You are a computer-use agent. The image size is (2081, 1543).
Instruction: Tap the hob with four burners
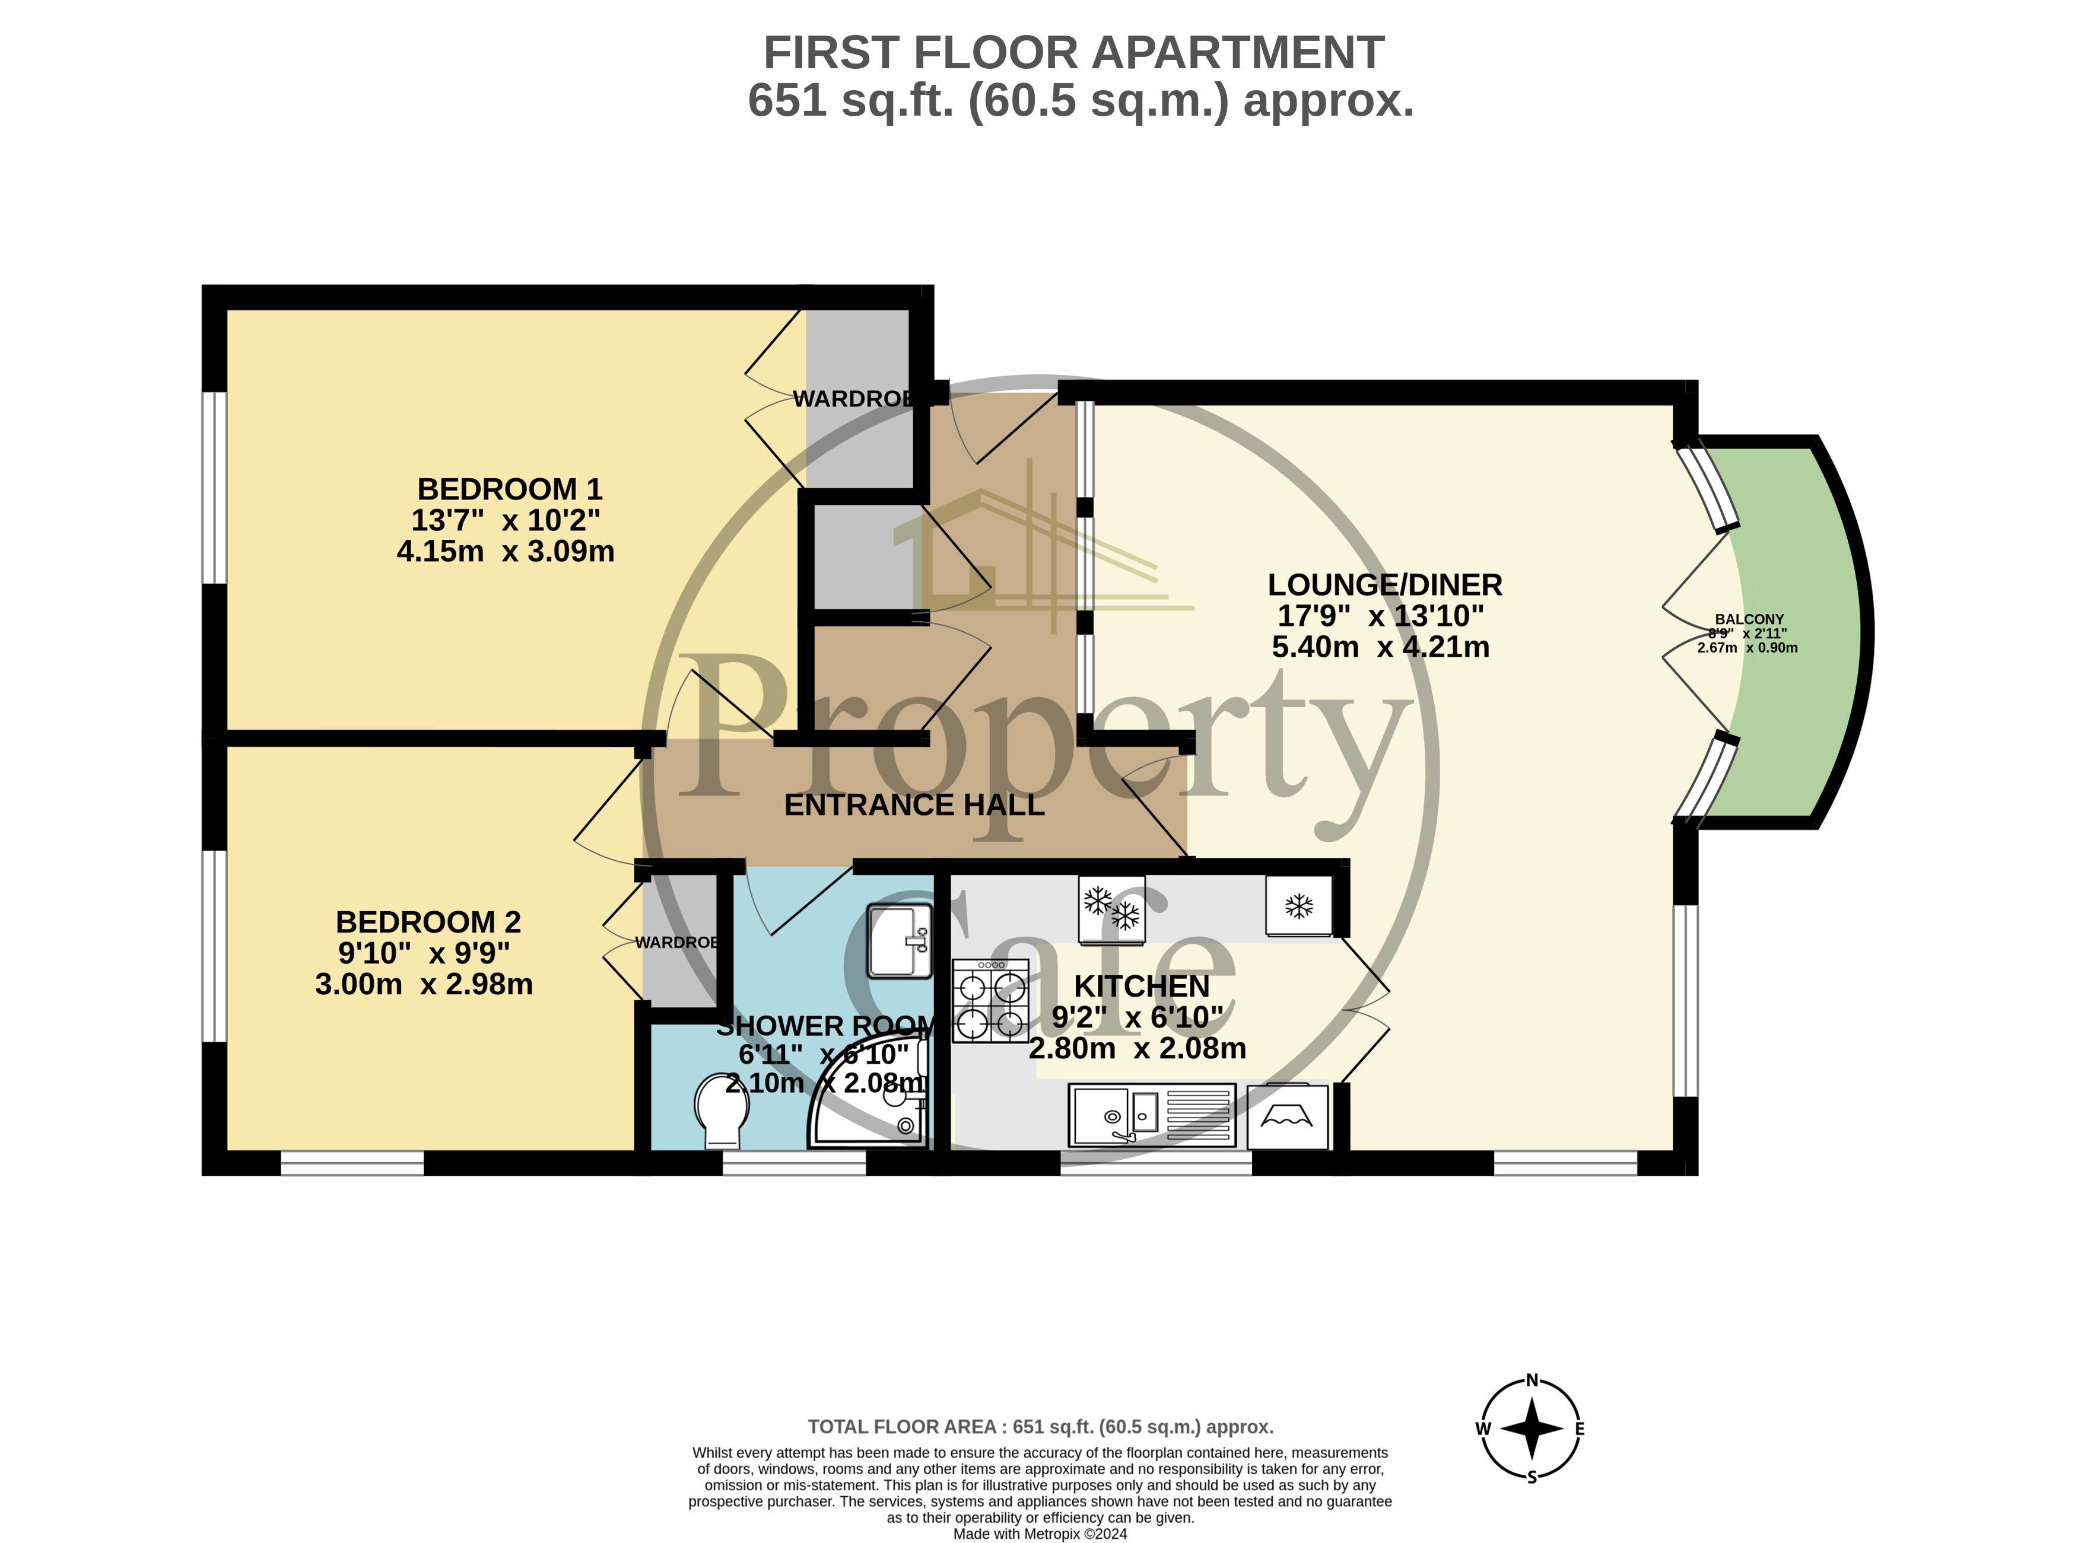pos(990,1000)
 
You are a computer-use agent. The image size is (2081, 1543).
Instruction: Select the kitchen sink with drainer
pos(1152,1115)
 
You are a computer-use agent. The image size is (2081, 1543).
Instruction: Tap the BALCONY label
pos(1749,619)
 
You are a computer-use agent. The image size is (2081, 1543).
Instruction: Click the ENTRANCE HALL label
pos(914,805)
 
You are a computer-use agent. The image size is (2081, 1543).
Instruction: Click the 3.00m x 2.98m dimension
pos(424,984)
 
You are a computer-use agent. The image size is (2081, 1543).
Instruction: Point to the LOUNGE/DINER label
pos(1385,585)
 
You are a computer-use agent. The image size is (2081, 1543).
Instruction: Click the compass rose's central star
pos(1532,1428)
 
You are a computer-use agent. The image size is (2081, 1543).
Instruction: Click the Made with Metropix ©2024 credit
pos(1040,1534)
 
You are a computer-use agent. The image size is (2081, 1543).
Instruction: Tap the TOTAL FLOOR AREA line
pos(1041,1426)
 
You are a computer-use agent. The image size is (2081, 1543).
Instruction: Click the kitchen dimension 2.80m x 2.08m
pos(1138,1048)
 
